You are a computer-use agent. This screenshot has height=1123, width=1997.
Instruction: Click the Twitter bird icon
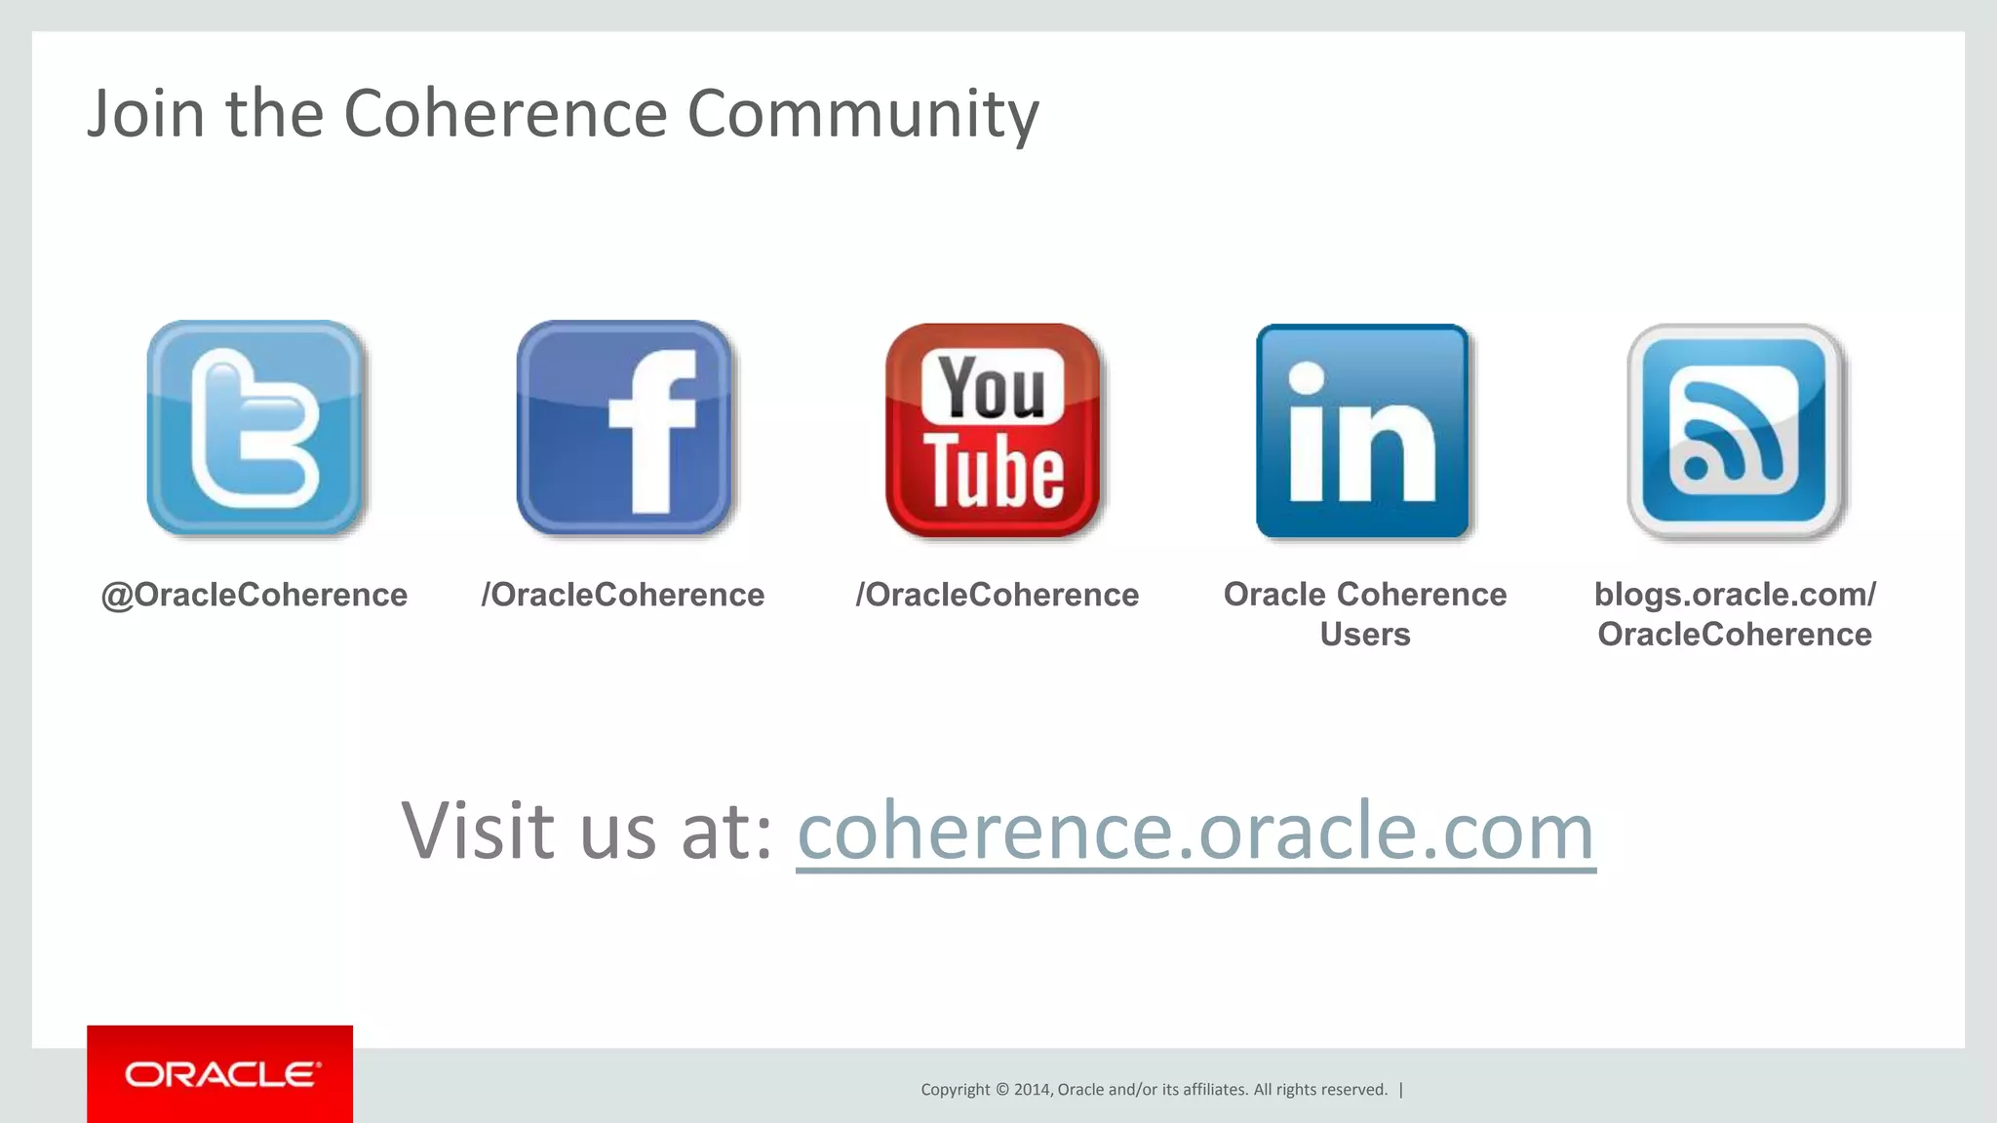click(255, 428)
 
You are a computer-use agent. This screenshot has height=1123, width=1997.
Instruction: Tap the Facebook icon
click(624, 428)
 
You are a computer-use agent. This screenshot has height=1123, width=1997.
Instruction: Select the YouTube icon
click(994, 430)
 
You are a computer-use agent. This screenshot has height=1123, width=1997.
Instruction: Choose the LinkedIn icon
click(1363, 431)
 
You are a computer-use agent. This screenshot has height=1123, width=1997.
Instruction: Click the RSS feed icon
click(1735, 431)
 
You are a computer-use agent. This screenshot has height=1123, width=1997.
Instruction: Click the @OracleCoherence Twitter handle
click(255, 595)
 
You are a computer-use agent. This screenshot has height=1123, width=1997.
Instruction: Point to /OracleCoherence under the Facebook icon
click(623, 595)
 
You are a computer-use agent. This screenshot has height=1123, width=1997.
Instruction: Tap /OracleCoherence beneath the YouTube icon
click(997, 595)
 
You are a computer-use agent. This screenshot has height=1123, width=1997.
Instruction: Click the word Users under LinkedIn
click(1365, 635)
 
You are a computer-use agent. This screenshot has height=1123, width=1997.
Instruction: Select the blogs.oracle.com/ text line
click(1735, 595)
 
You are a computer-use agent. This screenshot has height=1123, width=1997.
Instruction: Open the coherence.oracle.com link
click(1195, 831)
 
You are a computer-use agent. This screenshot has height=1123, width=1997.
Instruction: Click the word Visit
click(479, 831)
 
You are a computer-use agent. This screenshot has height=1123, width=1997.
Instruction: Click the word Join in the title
click(146, 113)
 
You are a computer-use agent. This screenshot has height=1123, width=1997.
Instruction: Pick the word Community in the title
click(863, 113)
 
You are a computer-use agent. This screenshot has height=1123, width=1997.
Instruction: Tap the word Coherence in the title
click(505, 113)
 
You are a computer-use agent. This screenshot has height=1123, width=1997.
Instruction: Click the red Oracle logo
click(220, 1074)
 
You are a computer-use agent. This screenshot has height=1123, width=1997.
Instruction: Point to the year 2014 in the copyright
click(1032, 1090)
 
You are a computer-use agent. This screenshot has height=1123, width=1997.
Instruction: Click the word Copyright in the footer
click(955, 1090)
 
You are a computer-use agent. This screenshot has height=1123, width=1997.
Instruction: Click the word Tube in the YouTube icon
click(994, 473)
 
